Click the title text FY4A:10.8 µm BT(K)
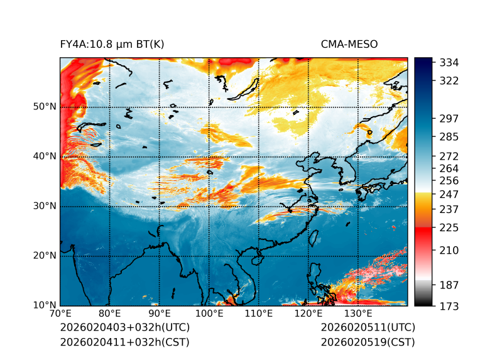coord(112,44)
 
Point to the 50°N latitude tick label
coord(45,106)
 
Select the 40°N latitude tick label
coord(45,156)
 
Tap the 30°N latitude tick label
coord(45,205)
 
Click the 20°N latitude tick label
coord(45,255)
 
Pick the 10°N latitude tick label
coord(45,305)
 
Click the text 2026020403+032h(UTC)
coord(124,327)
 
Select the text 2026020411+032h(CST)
coord(124,342)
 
